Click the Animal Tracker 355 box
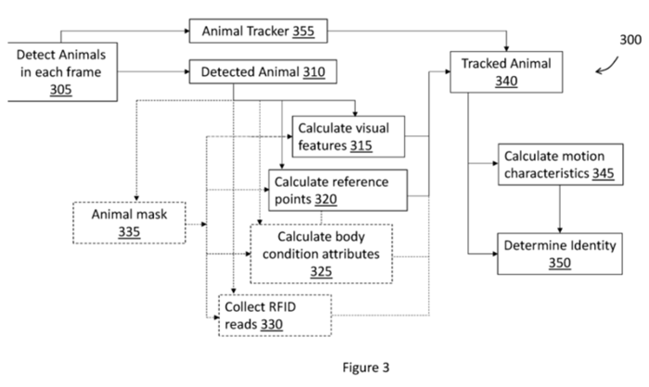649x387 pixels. [x=258, y=31]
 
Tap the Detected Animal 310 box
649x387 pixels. [x=257, y=70]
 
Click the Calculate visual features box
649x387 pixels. [x=349, y=136]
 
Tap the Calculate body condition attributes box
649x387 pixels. [x=321, y=253]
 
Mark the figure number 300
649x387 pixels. [x=629, y=41]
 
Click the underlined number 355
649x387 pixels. [x=303, y=31]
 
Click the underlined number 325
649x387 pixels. [x=321, y=271]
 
